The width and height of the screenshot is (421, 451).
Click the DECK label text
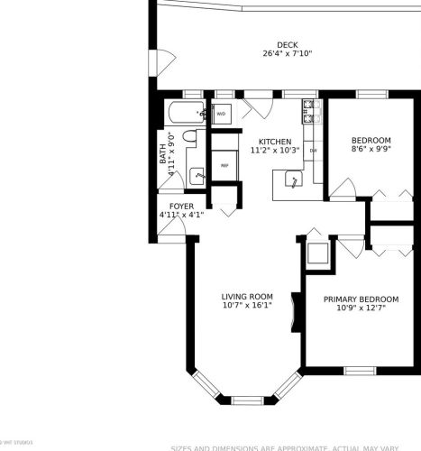[287, 44]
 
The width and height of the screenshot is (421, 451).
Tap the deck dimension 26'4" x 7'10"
[287, 54]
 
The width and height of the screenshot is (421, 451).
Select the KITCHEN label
[275, 142]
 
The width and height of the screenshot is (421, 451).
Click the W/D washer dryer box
[221, 115]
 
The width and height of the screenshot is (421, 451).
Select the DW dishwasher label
[314, 151]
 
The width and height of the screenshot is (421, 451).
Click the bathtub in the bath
[186, 114]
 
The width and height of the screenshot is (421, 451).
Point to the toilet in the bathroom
[189, 137]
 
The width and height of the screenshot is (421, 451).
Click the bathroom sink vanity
[196, 174]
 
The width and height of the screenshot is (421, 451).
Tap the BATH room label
[163, 155]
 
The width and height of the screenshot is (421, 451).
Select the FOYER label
[170, 206]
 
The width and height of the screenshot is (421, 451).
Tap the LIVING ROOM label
[247, 296]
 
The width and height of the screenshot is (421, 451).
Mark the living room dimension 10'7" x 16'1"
[247, 306]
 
